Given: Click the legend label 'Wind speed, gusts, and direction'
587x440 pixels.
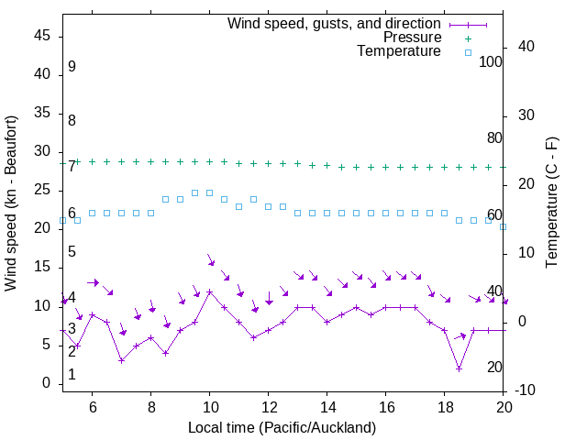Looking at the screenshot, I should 334,23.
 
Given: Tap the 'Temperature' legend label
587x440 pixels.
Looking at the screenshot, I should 399,51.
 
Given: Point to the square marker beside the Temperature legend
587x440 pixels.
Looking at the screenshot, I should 467,52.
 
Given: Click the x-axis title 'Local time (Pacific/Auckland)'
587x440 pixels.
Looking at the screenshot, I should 282,427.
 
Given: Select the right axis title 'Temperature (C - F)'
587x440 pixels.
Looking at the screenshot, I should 551,203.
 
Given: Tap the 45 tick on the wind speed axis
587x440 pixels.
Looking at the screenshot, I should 42,37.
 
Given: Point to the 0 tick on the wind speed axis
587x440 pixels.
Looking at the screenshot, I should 47,383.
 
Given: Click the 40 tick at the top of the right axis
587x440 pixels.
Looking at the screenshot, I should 526,47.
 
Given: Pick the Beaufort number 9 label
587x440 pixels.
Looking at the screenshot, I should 72,67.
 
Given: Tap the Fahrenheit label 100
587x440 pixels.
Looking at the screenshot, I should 491,61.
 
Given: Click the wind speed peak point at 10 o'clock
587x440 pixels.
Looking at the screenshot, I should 210,291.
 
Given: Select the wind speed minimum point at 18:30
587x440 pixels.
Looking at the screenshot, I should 459,368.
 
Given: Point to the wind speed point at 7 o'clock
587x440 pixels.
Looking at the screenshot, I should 121,360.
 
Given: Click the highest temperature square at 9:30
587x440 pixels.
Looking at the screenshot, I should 194,192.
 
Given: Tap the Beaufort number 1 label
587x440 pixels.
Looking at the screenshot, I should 72,375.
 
